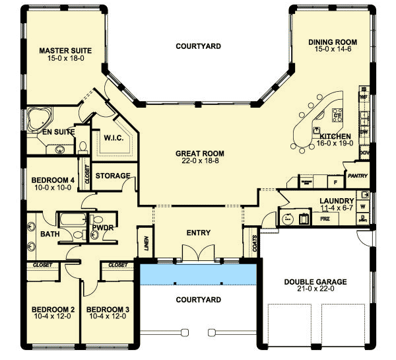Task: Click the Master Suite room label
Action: point(65,50)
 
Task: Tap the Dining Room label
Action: point(329,42)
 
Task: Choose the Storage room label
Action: point(112,176)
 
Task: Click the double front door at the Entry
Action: point(199,254)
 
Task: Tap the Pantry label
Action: point(356,176)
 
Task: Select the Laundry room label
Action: point(337,200)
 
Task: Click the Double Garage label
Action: point(315,282)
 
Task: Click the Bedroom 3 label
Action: point(106,309)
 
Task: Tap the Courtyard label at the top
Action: point(198,46)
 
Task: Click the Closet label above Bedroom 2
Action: point(44,265)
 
